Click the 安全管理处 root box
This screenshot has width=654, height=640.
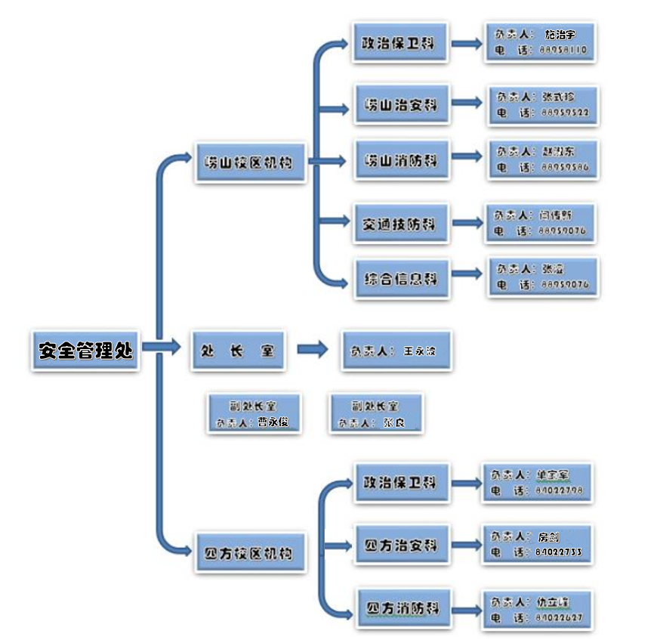click(x=85, y=350)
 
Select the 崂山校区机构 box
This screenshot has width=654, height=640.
click(x=250, y=162)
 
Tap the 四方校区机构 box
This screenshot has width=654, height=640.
click(x=250, y=552)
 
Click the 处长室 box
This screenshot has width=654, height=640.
click(x=237, y=351)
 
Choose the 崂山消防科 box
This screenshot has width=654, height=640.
click(x=401, y=160)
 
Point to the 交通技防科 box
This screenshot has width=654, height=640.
click(x=401, y=223)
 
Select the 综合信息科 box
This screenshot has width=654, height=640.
click(x=401, y=278)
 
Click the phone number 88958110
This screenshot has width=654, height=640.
click(x=563, y=51)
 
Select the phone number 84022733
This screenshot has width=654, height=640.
click(x=558, y=552)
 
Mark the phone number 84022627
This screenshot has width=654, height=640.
click(x=558, y=617)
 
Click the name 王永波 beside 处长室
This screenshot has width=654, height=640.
click(x=420, y=351)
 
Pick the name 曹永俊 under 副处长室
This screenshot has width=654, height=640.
click(x=273, y=422)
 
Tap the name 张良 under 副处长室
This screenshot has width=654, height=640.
click(x=394, y=422)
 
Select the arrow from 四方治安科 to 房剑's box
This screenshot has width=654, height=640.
click(x=467, y=544)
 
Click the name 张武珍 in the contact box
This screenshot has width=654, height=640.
click(x=558, y=97)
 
